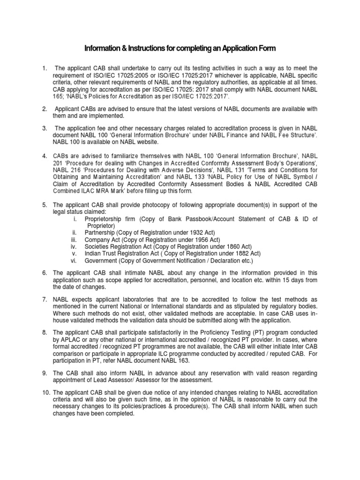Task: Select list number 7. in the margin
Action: click(x=45, y=299)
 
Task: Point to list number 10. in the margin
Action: click(x=46, y=392)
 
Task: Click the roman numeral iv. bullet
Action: click(x=74, y=246)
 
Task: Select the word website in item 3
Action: click(x=147, y=142)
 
